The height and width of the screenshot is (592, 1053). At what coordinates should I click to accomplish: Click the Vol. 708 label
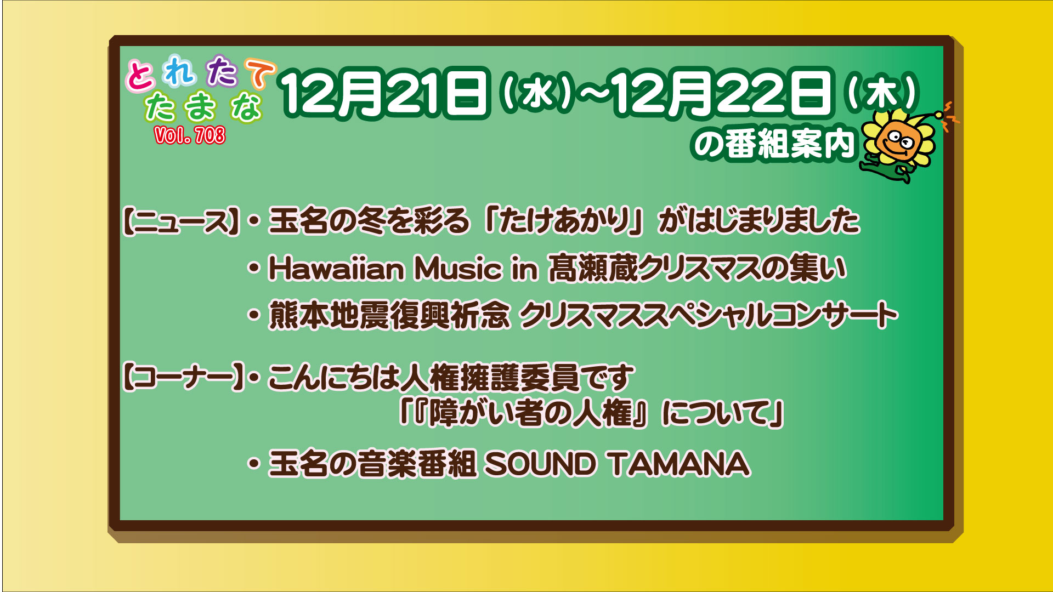[190, 135]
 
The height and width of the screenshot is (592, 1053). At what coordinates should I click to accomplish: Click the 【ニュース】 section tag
[182, 221]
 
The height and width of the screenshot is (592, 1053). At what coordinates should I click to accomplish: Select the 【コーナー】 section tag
[183, 378]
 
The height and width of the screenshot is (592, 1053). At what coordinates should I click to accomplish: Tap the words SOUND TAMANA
[618, 464]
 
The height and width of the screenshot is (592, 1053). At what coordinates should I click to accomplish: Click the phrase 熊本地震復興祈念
[389, 316]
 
